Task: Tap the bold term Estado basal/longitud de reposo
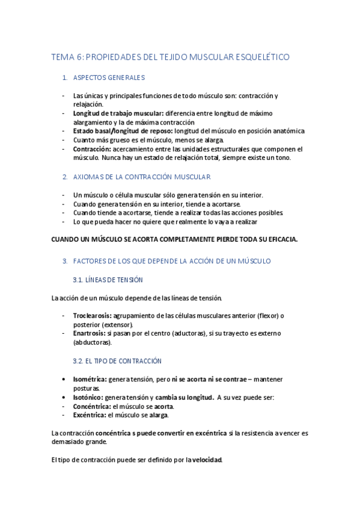coord(123,131)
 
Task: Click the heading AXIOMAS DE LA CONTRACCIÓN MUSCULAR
coord(141,177)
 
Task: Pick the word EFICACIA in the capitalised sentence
coord(275,239)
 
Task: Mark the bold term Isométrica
coord(90,379)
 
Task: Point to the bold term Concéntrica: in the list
coord(92,406)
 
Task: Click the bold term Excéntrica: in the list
coord(90,415)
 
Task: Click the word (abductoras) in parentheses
coord(92,342)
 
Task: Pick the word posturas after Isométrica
coord(86,389)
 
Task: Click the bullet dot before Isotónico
coord(64,398)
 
